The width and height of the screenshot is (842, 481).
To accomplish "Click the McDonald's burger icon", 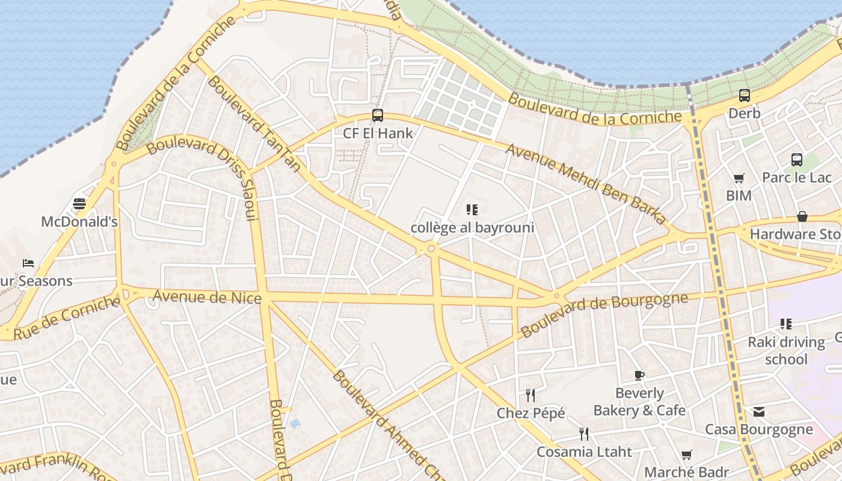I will tap(79, 204).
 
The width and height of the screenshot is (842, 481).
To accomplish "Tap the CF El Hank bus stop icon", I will tap(378, 115).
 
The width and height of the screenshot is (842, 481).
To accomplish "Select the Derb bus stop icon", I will tap(745, 95).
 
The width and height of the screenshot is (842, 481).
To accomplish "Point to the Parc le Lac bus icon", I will tap(797, 159).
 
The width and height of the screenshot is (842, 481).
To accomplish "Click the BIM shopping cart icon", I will tap(739, 178).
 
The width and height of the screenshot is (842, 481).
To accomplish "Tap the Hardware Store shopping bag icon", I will tap(802, 216).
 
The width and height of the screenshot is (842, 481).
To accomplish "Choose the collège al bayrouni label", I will tap(472, 228).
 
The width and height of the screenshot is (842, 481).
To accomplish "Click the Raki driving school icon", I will tap(785, 324).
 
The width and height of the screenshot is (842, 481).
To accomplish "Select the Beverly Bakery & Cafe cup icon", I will tap(639, 376).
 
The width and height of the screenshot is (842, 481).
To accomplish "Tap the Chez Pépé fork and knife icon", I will tap(530, 395).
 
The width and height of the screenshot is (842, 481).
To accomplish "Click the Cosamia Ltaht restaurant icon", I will tap(583, 434).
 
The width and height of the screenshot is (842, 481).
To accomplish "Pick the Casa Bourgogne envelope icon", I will tap(759, 412).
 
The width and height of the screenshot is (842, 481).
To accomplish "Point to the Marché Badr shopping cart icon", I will tap(686, 455).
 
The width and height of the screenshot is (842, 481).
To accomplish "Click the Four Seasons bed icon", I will tap(28, 263).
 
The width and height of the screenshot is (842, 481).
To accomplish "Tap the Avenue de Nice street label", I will tap(207, 297).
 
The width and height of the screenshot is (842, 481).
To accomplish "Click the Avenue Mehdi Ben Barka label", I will tap(586, 184).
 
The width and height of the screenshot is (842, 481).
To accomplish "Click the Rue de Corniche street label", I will tap(66, 317).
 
